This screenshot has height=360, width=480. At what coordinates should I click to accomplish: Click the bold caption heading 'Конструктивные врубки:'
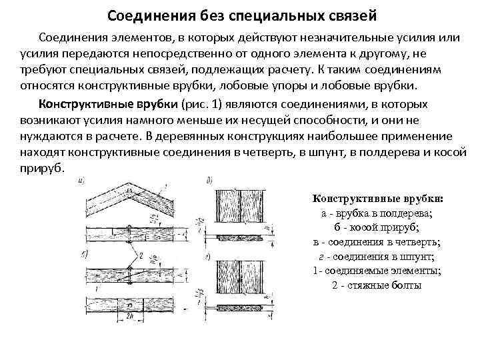[377, 199]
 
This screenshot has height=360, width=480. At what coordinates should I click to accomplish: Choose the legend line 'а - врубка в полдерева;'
[377, 213]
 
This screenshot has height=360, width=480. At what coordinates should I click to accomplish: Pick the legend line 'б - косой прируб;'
[377, 228]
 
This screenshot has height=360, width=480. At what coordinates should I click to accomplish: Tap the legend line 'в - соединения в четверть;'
[377, 242]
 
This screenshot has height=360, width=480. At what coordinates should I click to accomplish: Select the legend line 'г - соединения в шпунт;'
[377, 257]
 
